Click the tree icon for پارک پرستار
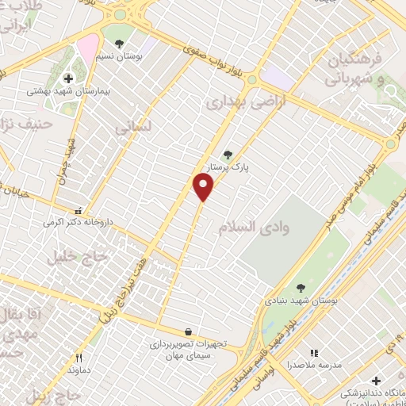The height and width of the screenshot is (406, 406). point(229,155)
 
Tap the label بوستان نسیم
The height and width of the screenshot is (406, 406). point(118,56)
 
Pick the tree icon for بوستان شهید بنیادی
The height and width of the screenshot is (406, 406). point(301,289)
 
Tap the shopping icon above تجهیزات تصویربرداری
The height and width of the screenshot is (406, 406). point(188,331)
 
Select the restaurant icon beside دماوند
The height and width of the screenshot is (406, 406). point(78,358)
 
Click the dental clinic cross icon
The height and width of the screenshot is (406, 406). point(376,381)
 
